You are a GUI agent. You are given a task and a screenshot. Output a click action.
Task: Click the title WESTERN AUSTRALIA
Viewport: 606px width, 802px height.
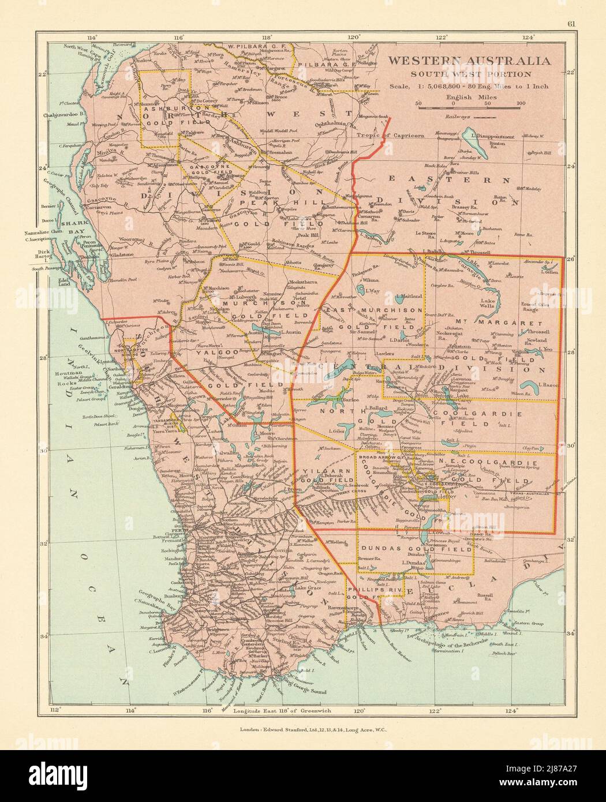point(469,61)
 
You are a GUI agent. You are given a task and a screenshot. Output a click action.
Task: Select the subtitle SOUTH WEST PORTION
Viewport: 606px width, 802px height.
point(469,74)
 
